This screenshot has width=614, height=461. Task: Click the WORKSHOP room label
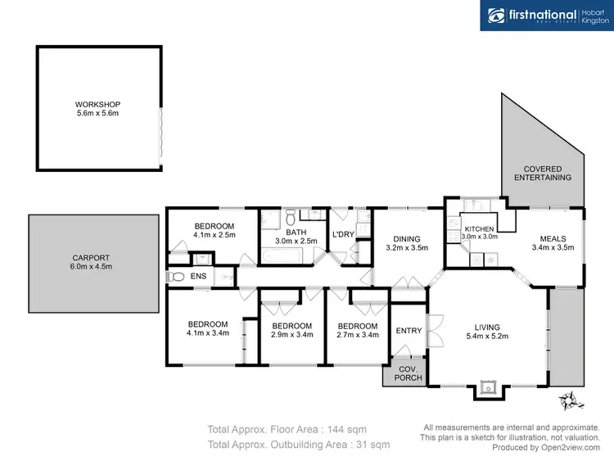[x=97, y=105]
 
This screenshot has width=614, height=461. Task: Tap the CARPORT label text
[x=92, y=257]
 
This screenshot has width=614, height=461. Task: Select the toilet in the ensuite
[x=174, y=278]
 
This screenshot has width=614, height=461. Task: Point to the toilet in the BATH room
[x=314, y=215]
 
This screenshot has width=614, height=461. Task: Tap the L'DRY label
[x=342, y=236]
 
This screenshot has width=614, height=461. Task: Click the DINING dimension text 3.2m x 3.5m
[x=407, y=247]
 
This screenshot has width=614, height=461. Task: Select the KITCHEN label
[x=479, y=228]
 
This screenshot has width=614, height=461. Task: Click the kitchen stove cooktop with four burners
[x=452, y=237]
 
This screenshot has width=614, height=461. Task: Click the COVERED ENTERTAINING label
[x=542, y=172]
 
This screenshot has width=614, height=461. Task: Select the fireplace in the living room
[x=489, y=387]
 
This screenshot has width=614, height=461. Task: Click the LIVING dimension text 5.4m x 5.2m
[x=486, y=336]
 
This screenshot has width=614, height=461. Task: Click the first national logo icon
[x=496, y=16]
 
